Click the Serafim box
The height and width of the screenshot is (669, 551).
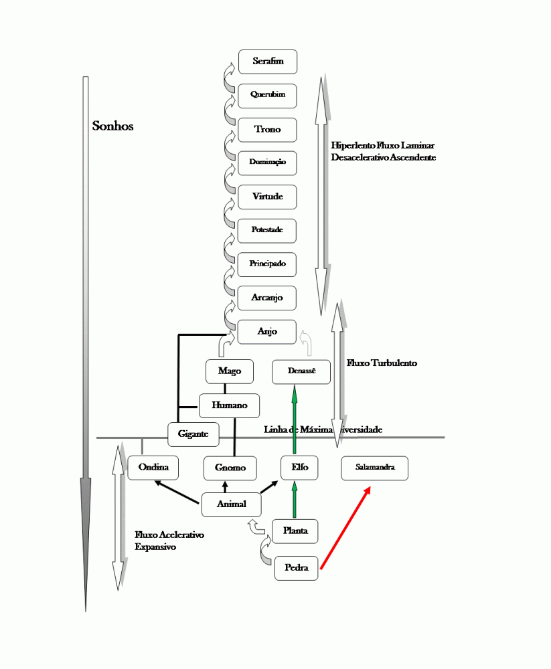268,62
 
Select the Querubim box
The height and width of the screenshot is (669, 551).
268,95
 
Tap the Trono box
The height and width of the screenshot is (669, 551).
268,129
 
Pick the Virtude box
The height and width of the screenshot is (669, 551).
268,197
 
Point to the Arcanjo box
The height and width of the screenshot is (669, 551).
268,298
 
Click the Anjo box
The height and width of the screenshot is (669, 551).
267,332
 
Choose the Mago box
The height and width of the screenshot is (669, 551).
230,371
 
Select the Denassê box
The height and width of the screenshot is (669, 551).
301,371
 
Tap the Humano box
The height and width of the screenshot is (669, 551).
230,405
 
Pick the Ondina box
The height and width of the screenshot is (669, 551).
153,468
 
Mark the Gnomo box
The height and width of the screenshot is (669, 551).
230,468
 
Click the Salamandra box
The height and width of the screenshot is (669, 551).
374,468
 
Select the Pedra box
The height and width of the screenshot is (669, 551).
296,568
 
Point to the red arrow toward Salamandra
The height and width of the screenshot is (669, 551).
345,529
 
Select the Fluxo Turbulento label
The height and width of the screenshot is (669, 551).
382,363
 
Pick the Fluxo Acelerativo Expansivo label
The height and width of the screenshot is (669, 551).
169,541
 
